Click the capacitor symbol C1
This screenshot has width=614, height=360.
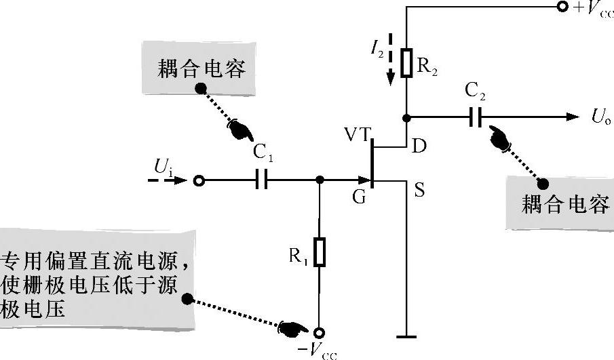261,181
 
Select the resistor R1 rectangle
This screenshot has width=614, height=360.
320,252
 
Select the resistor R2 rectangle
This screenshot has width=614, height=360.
406,62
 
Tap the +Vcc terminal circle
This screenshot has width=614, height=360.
562,8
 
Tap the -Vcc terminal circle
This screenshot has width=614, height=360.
320,332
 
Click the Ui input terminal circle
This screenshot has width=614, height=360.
199,181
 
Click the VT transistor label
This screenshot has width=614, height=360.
358,134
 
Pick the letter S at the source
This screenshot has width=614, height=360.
419,191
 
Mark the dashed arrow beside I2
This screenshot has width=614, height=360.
389,58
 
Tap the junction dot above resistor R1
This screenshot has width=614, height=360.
320,181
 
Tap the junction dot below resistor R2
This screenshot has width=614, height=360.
406,117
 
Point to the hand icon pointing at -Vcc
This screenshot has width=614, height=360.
292,328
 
